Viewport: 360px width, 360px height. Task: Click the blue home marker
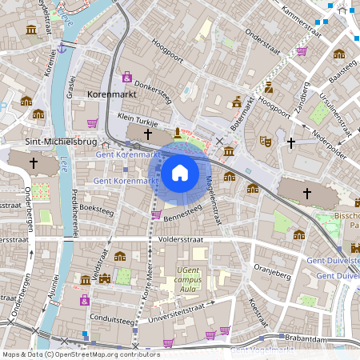[180, 173]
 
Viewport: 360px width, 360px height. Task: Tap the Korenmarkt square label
[111, 94]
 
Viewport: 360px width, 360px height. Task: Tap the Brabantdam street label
[310, 339]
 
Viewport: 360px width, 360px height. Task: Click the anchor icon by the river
[61, 49]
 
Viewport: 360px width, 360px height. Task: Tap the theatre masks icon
[266, 141]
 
